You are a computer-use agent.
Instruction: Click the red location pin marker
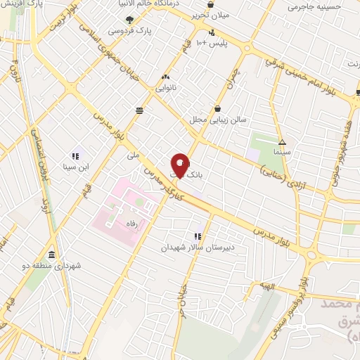pyautogui.click(x=179, y=163)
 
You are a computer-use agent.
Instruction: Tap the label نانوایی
pyautogui.click(x=165, y=89)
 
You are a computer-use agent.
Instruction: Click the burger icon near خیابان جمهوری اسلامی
pyautogui.click(x=140, y=109)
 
